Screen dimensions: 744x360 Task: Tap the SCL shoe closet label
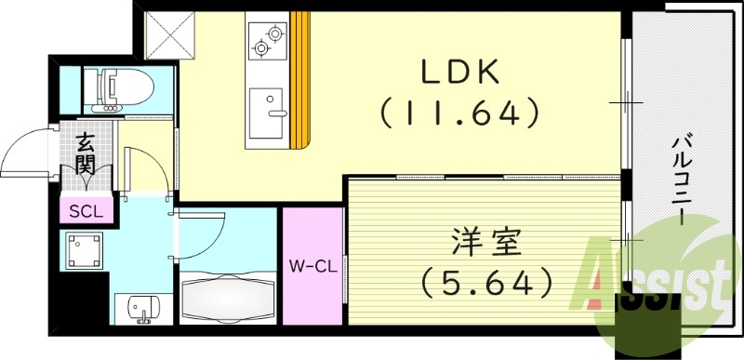(x=86, y=210)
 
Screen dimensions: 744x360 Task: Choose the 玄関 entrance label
(x=86, y=154)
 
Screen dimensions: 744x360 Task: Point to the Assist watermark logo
(x=656, y=280)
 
